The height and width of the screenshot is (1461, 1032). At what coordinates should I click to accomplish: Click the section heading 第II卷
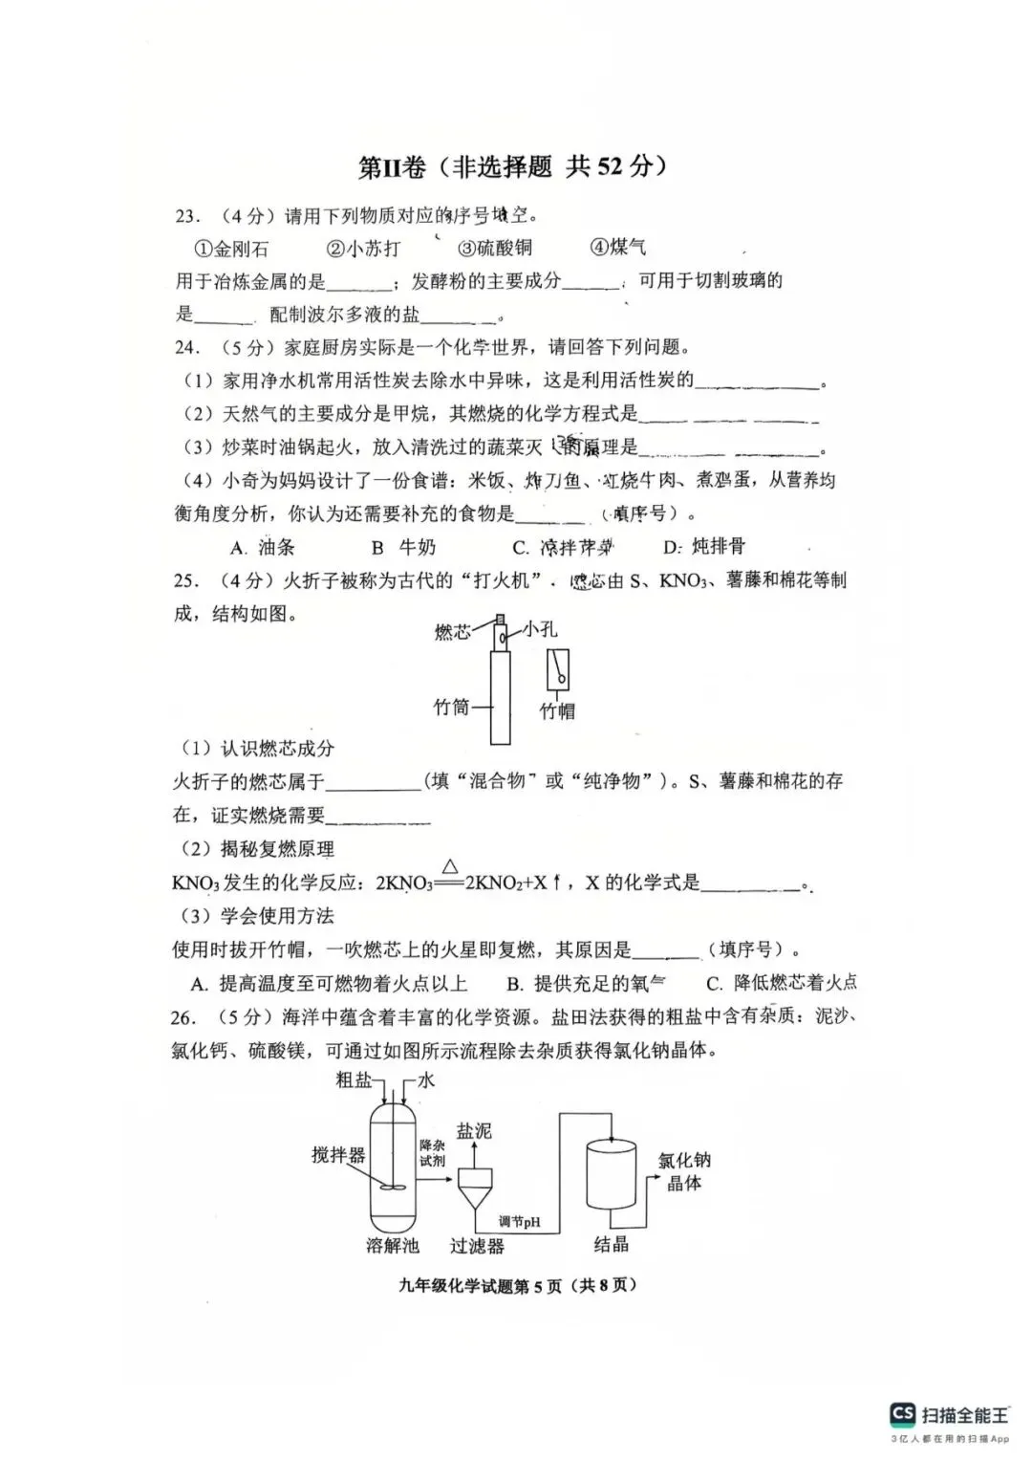(391, 166)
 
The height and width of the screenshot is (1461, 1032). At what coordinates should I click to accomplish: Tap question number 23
(186, 216)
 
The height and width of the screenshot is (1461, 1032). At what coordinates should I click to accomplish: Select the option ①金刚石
(231, 249)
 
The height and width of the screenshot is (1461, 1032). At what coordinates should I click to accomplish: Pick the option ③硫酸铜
(494, 248)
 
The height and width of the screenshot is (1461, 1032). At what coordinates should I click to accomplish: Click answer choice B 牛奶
(402, 547)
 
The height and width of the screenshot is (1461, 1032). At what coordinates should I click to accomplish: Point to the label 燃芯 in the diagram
(453, 631)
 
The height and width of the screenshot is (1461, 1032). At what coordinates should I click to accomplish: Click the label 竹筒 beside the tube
(451, 707)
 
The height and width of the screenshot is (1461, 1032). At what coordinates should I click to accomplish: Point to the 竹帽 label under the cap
(557, 710)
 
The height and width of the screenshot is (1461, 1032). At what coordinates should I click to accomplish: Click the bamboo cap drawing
(558, 669)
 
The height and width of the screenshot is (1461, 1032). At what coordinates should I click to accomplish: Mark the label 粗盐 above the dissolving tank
(354, 1079)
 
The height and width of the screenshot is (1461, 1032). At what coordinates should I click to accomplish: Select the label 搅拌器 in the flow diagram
(338, 1155)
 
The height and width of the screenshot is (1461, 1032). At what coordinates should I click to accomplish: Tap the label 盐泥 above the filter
(474, 1131)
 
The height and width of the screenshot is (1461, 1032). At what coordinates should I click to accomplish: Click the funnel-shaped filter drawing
(475, 1189)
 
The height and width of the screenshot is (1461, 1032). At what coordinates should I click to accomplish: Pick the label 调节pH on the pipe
(519, 1221)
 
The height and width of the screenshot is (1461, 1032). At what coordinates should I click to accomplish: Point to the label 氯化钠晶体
(683, 1171)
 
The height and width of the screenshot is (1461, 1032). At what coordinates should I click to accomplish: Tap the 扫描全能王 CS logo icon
(903, 1414)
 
